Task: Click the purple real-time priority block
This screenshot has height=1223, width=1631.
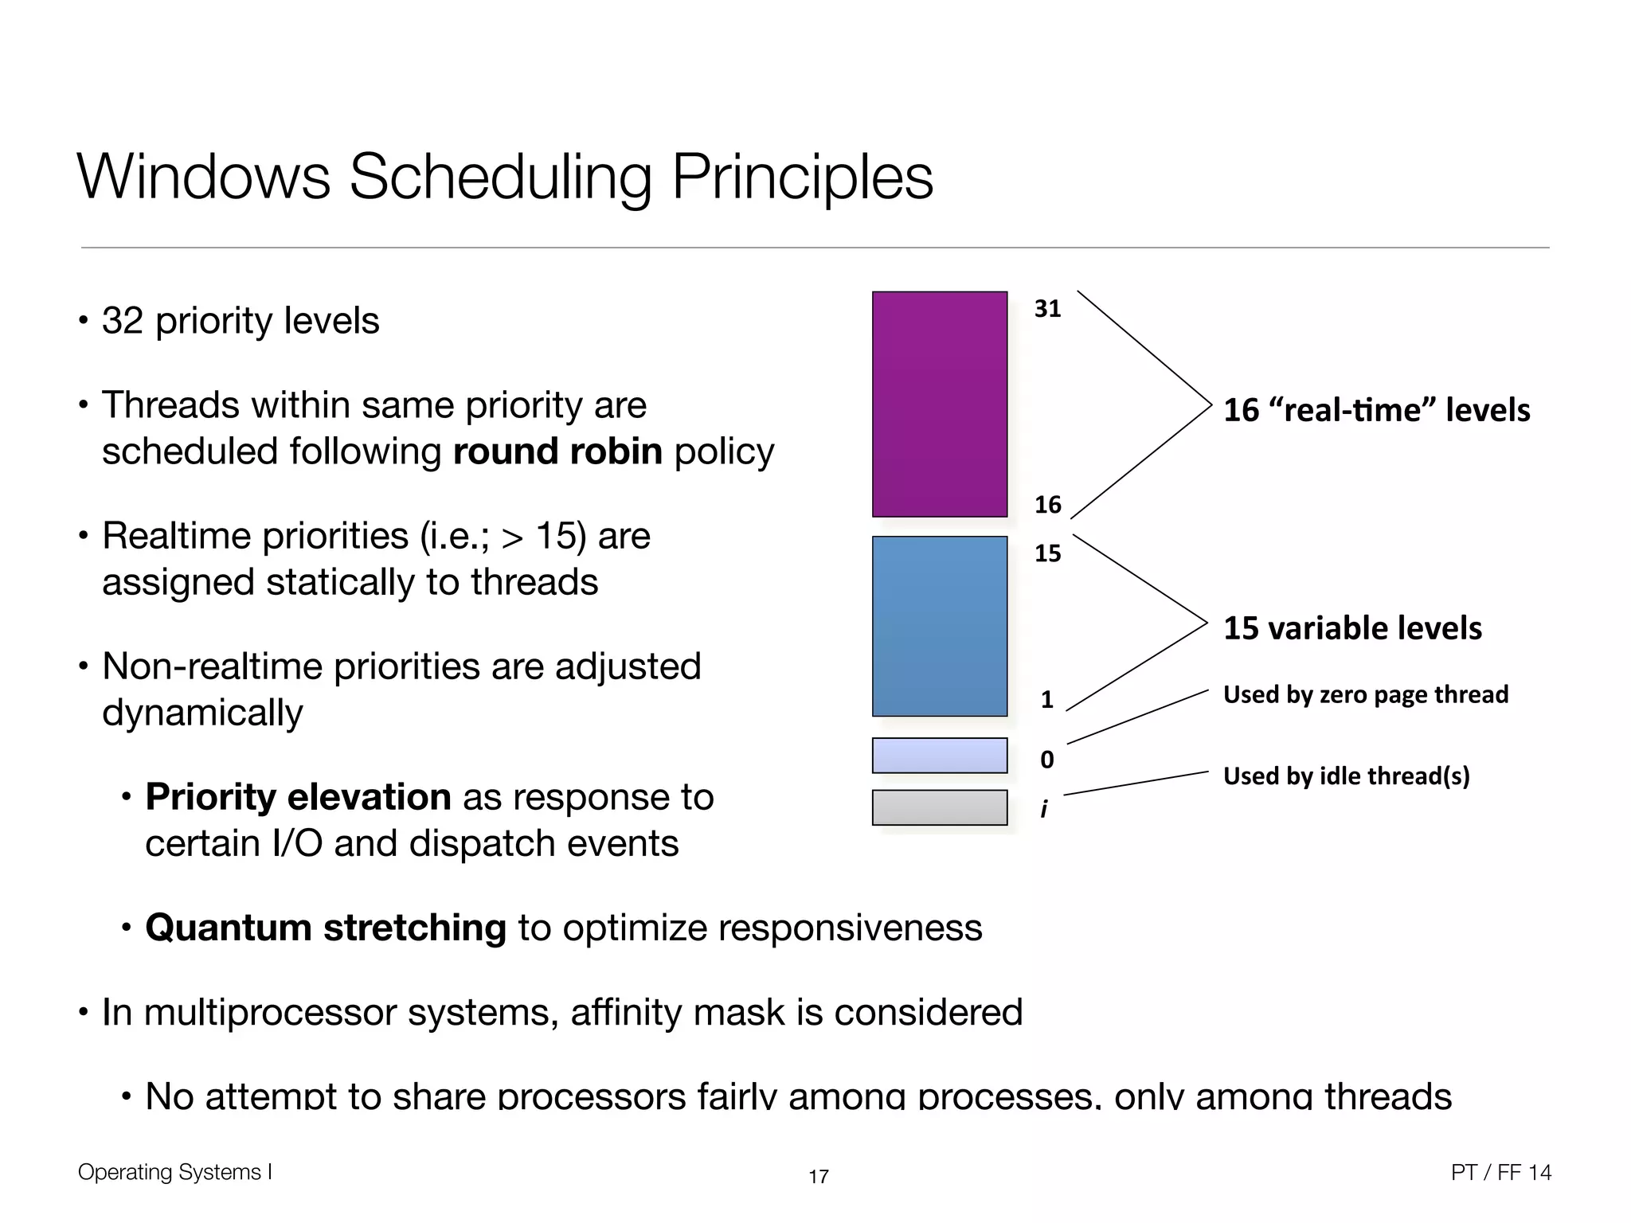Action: pos(940,404)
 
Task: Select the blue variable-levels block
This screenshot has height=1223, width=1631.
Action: pos(940,626)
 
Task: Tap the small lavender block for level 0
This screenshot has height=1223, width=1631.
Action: pos(940,755)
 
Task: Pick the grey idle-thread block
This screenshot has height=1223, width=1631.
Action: pos(940,807)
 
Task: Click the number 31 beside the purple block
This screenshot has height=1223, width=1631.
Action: pos(1047,309)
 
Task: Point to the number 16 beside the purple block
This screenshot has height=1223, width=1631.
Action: pos(1047,504)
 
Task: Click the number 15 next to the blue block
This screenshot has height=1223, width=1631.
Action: pos(1047,553)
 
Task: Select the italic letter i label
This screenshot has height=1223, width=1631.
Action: pos(1044,809)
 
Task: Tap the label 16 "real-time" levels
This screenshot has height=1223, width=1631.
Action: pos(1376,410)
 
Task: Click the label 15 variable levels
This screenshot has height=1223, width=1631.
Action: pos(1352,628)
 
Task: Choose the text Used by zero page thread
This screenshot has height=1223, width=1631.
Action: pos(1365,694)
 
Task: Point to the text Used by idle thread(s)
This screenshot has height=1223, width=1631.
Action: pos(1346,776)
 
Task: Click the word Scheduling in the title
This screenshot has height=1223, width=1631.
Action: pos(500,177)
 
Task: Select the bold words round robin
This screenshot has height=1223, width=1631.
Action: pos(557,451)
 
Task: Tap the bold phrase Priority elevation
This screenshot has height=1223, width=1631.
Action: pos(298,797)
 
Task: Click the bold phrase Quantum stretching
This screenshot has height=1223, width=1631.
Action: pos(325,928)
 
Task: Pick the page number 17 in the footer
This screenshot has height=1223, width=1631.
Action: pos(818,1176)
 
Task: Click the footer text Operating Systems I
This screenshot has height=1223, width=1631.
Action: pos(174,1172)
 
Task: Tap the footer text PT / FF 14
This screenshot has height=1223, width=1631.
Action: pos(1500,1172)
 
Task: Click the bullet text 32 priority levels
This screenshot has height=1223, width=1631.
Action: pos(240,321)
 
